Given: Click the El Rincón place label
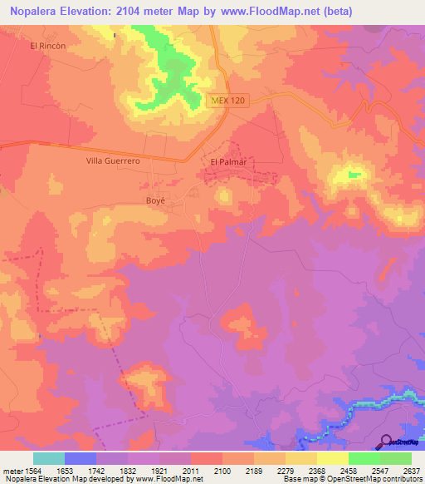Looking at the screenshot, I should [46, 46].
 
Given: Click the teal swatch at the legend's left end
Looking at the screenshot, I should [49, 458].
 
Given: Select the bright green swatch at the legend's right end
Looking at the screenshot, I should [396, 458].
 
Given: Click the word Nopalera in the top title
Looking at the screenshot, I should [33, 12].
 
